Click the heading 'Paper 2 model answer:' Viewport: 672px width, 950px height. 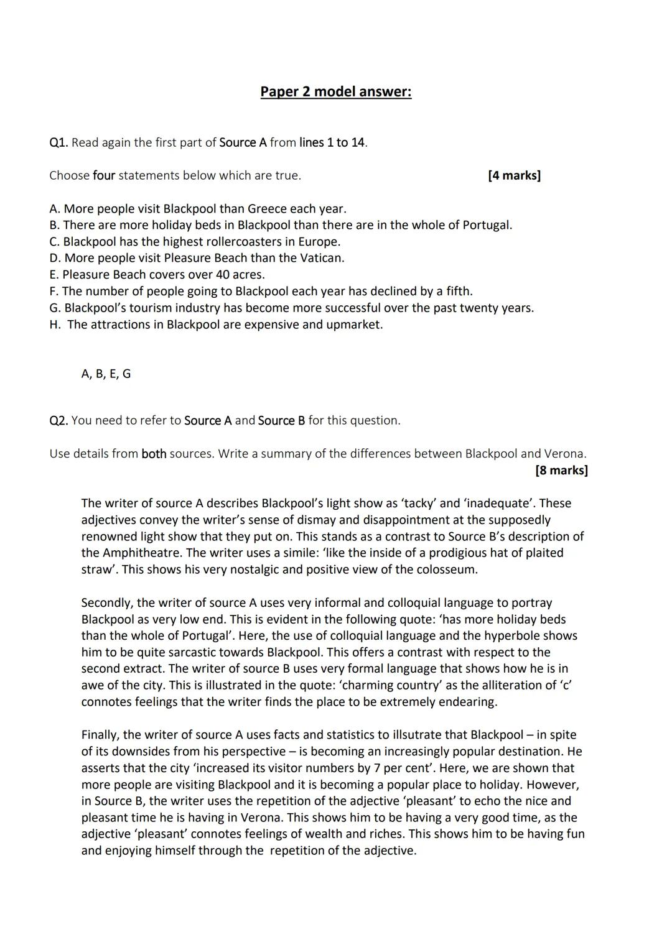(335, 92)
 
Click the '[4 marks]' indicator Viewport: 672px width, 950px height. (514, 175)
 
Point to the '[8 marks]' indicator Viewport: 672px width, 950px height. (561, 470)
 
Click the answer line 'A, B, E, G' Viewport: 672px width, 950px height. (106, 374)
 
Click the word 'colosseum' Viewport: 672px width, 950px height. (446, 570)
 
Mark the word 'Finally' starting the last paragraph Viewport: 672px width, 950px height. (100, 735)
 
